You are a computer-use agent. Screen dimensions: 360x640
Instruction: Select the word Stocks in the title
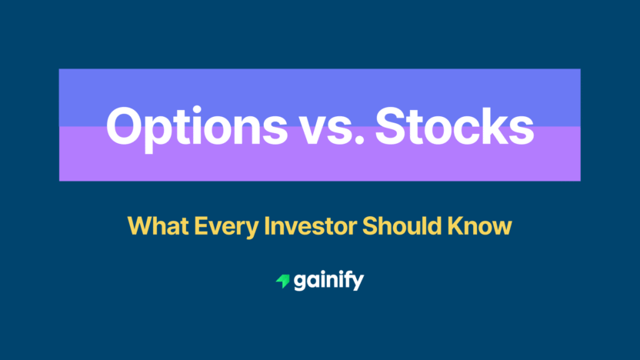(455, 125)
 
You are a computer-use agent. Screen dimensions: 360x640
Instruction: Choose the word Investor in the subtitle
(299, 226)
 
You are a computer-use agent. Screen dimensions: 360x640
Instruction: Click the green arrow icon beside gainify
(282, 282)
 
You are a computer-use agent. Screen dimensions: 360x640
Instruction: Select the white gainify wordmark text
(329, 282)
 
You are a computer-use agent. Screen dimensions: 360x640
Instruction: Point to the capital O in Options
(123, 125)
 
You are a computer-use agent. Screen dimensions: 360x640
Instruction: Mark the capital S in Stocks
(391, 125)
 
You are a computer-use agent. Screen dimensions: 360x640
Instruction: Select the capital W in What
(138, 226)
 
